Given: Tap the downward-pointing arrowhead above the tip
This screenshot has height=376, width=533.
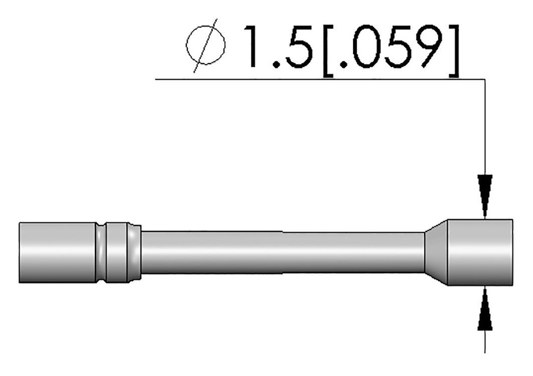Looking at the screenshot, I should tap(485, 196).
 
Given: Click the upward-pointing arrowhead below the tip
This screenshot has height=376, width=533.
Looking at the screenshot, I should tap(485, 310).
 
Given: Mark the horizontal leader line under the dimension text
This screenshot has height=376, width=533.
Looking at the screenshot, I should tap(312, 80).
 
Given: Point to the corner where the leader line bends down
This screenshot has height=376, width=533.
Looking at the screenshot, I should tap(485, 80).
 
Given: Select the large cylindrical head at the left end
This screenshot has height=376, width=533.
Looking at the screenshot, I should tap(57, 253).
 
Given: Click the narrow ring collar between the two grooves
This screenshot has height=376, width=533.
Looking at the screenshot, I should tap(116, 253).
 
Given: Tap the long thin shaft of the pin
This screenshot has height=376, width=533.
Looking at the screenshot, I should tap(281, 252).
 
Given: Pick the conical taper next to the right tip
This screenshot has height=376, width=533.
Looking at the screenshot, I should tap(436, 252).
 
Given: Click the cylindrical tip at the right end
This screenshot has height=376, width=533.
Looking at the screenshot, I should tap(480, 252).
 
